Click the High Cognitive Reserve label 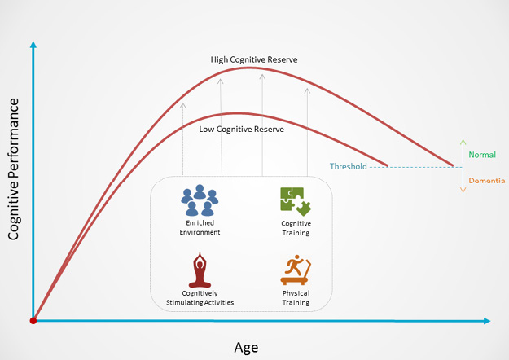pyautogui.click(x=254, y=59)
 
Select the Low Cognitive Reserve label pyautogui.click(x=242, y=130)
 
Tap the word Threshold pyautogui.click(x=349, y=166)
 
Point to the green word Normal pyautogui.click(x=482, y=155)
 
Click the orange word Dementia pyautogui.click(x=487, y=181)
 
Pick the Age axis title pyautogui.click(x=246, y=348)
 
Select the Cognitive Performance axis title pyautogui.click(x=14, y=169)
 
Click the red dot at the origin pyautogui.click(x=33, y=321)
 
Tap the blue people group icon pyautogui.click(x=200, y=200)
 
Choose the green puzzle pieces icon pyautogui.click(x=296, y=202)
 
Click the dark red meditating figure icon pyautogui.click(x=200, y=270)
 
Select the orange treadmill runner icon pyautogui.click(x=296, y=270)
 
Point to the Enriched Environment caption pyautogui.click(x=200, y=227)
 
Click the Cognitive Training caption pyautogui.click(x=296, y=228)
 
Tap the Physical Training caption pyautogui.click(x=296, y=297)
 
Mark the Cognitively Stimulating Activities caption pyautogui.click(x=200, y=297)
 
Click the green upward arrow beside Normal pyautogui.click(x=463, y=151)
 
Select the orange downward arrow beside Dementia pyautogui.click(x=463, y=181)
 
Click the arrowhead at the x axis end pyautogui.click(x=487, y=321)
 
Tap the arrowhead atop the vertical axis pyautogui.click(x=33, y=45)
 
